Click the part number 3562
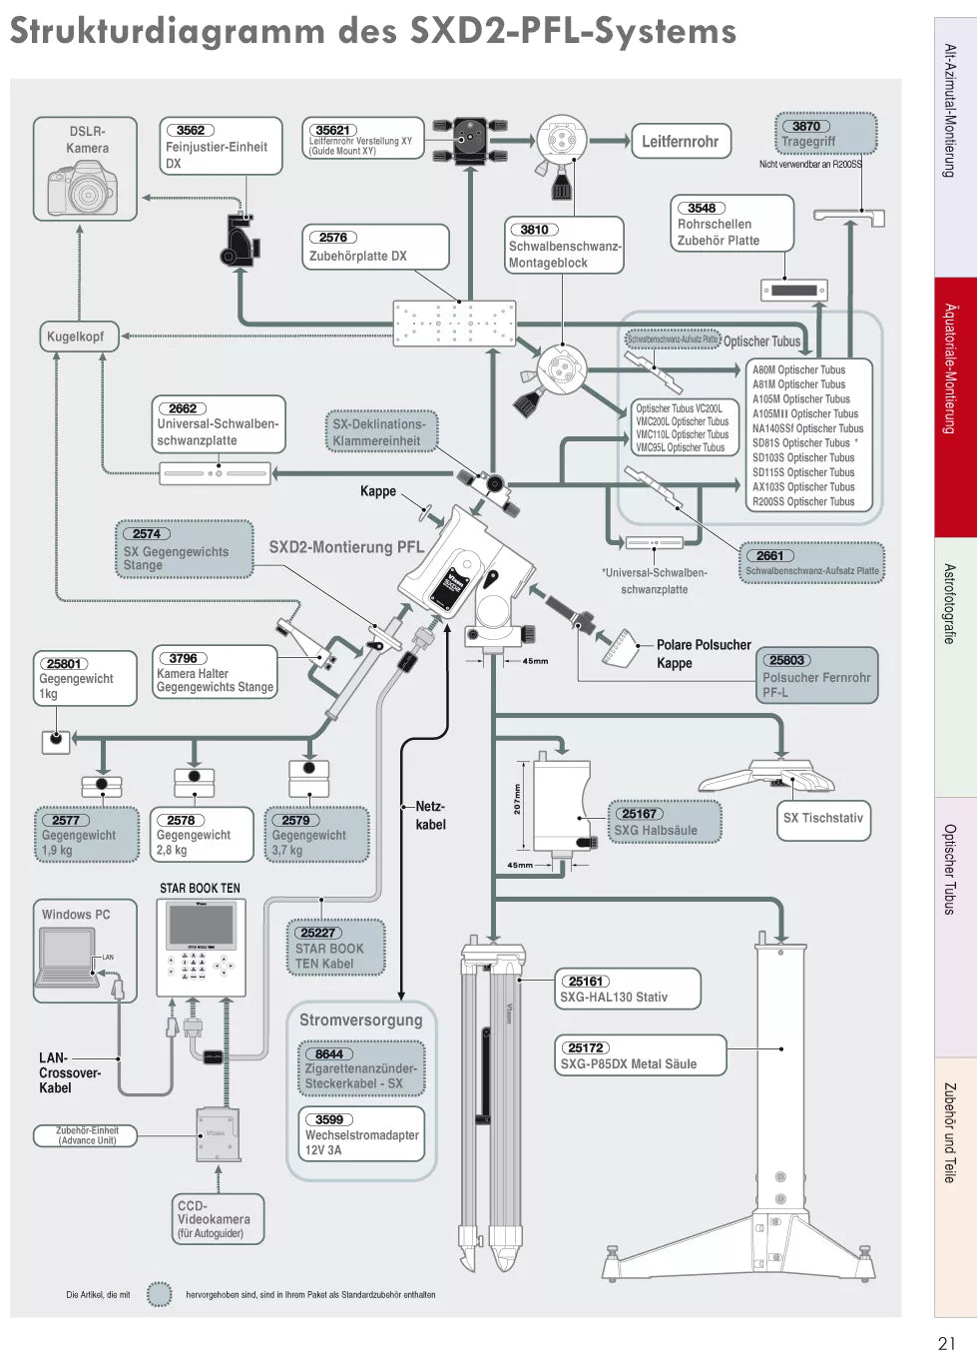[190, 130]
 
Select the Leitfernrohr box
[680, 142]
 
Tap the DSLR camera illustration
[82, 187]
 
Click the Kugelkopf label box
[76, 337]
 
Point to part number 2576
[333, 238]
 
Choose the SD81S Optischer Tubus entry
[801, 443]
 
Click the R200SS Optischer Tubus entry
[803, 502]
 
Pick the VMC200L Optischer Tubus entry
[683, 421]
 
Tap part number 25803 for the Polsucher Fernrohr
[786, 660]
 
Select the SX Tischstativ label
[822, 818]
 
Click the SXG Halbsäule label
[656, 830]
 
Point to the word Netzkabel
[430, 815]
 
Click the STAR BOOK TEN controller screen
[202, 925]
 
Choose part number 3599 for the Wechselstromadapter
[329, 1119]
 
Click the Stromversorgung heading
[361, 1020]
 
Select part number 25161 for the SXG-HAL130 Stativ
[587, 982]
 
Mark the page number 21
[946, 1343]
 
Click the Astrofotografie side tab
[950, 604]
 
